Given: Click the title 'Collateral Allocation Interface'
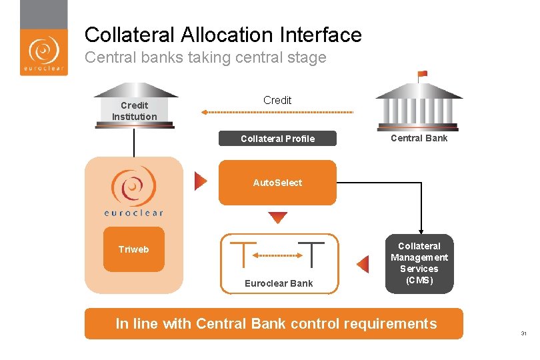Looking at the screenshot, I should [223, 35].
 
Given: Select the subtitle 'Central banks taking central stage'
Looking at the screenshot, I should [205, 57].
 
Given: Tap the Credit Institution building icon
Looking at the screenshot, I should [135, 105].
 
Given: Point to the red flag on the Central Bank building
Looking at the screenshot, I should [422, 74].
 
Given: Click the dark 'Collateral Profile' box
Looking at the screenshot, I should [277, 139].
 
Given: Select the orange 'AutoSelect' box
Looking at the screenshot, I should [277, 183].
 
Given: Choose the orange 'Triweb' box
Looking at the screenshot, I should [133, 249].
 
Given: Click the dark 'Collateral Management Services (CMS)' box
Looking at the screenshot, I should [419, 263].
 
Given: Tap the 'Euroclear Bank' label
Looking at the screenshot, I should [279, 283].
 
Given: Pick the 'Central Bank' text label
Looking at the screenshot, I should [419, 138].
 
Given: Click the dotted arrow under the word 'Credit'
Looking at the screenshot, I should [277, 112].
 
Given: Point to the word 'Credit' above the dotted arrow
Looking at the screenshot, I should [277, 100].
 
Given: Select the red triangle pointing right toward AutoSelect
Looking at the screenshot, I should [201, 181].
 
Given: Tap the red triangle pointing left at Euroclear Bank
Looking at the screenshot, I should [363, 265].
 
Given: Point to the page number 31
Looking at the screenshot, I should [523, 334].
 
